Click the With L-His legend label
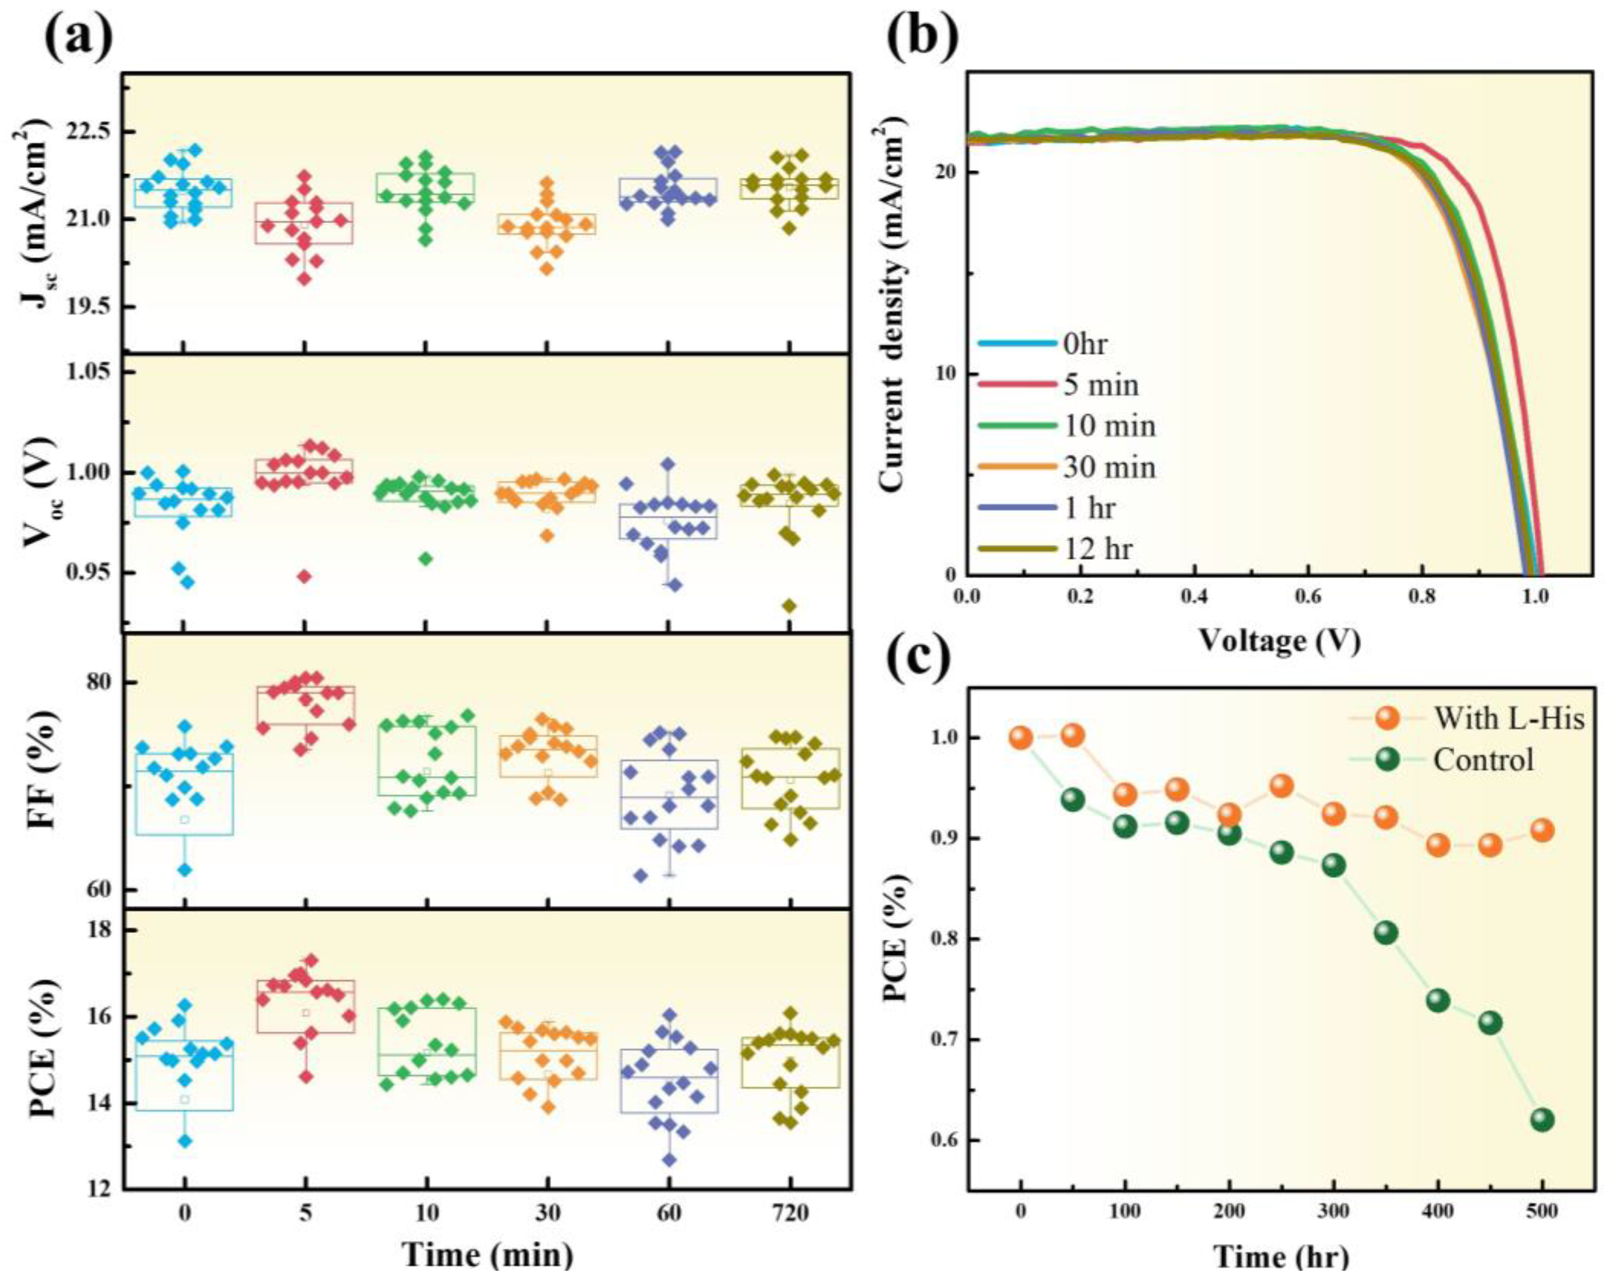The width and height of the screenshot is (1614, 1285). coord(1509,719)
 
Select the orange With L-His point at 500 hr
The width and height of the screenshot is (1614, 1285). coord(1542,830)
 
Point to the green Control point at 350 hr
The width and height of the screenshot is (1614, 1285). coord(1386,933)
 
